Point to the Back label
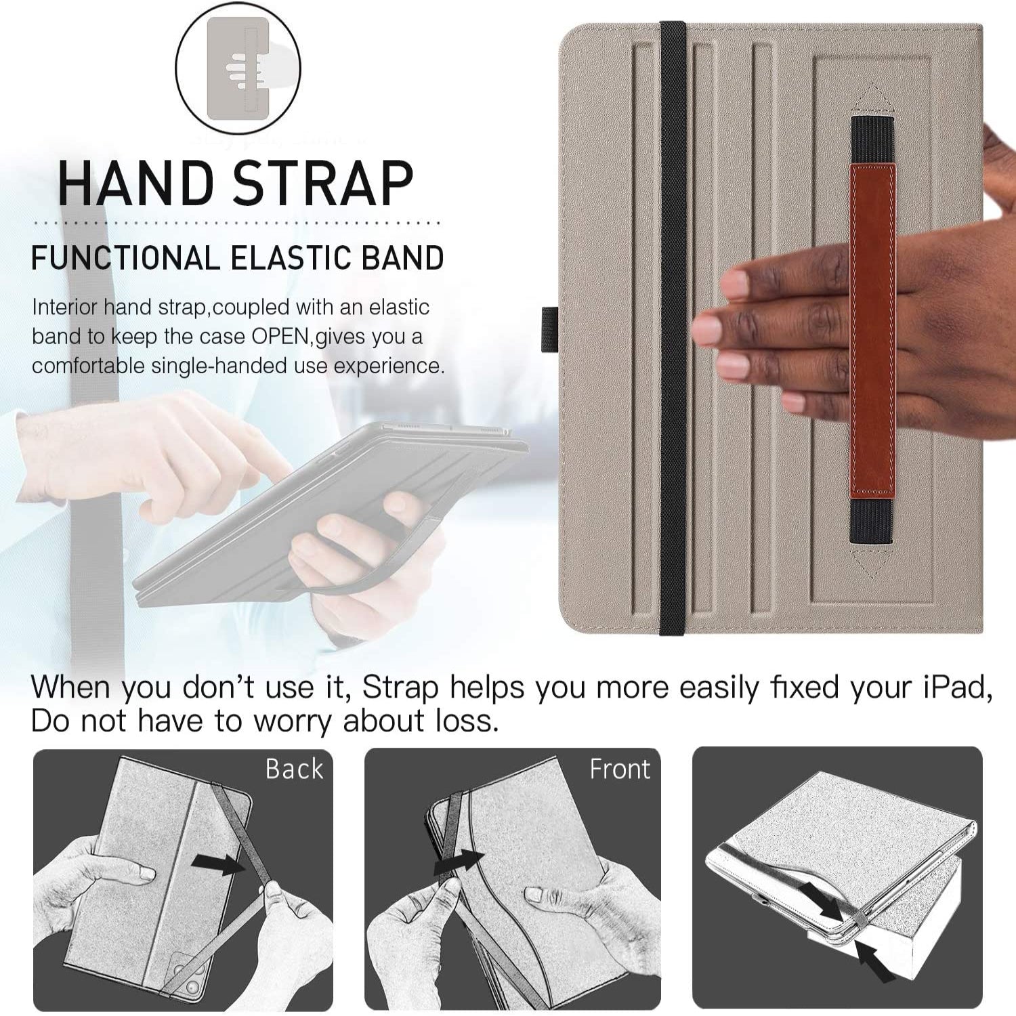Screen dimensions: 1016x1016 click(294, 769)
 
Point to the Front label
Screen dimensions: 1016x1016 click(620, 769)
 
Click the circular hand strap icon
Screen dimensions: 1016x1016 click(238, 68)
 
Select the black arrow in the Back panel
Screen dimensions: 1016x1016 click(217, 863)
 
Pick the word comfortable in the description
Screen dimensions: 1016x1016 click(88, 366)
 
